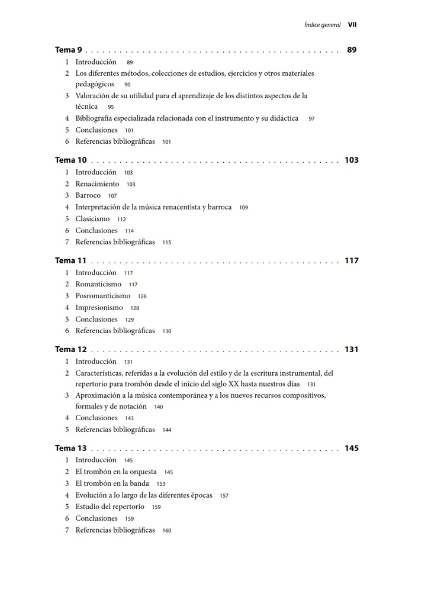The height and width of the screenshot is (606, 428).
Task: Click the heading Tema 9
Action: (x=68, y=50)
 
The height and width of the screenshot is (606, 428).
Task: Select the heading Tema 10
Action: (x=70, y=160)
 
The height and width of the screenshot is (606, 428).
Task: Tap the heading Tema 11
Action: (x=70, y=261)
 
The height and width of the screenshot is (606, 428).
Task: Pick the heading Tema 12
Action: (x=70, y=350)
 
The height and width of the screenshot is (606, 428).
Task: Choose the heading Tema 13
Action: (x=70, y=449)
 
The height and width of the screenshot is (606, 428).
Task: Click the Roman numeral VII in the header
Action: (x=352, y=25)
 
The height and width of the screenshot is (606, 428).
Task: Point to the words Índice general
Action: (x=322, y=25)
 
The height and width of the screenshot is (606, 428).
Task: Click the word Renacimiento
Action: (x=97, y=184)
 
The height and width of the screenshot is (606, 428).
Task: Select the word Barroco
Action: (x=88, y=195)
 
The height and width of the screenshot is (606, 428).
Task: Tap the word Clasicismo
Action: (x=92, y=219)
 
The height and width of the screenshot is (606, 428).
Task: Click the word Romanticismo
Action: (x=98, y=284)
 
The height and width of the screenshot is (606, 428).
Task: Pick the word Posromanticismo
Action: (x=102, y=296)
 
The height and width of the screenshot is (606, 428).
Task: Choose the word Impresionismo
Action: (x=99, y=308)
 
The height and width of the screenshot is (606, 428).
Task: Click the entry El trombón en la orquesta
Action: (x=116, y=472)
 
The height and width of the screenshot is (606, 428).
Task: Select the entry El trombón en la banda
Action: (x=112, y=483)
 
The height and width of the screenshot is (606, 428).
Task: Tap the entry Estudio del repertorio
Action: (x=110, y=507)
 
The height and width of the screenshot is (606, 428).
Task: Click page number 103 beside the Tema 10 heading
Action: (x=352, y=160)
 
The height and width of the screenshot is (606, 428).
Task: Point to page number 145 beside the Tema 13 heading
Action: (x=352, y=449)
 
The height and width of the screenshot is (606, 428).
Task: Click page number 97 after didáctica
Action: (x=311, y=119)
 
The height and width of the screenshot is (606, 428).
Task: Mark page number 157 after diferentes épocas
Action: (x=224, y=496)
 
